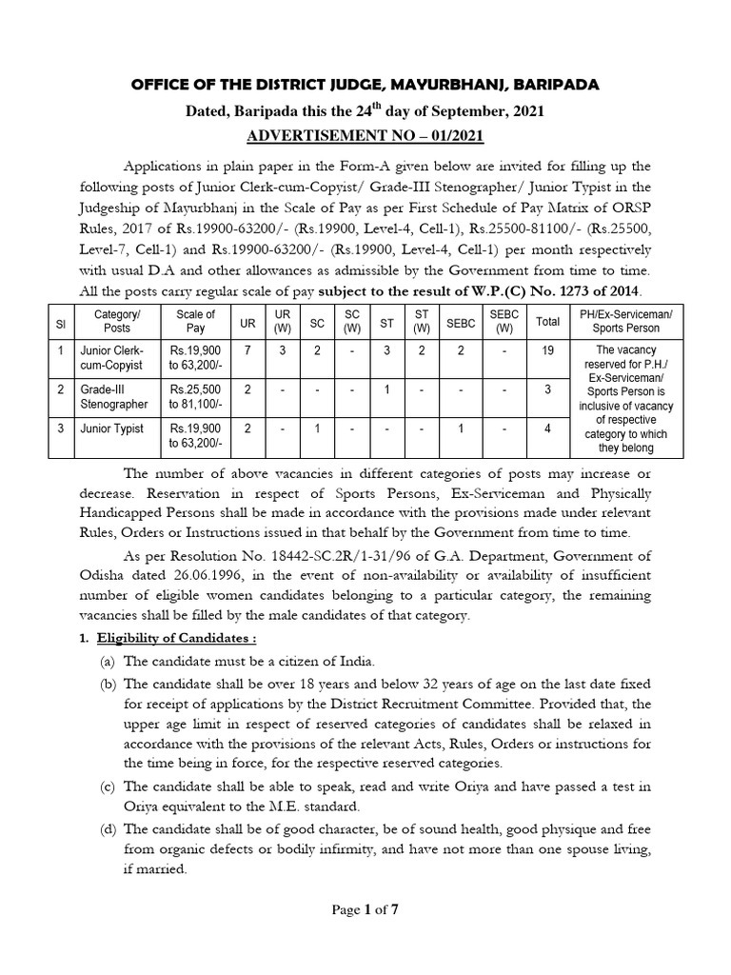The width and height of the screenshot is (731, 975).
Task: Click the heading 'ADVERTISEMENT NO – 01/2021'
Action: pos(365,135)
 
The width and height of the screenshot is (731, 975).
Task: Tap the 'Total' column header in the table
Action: pos(548,322)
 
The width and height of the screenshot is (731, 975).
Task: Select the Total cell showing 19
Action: pos(548,349)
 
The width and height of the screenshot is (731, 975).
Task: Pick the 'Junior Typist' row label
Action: pos(112,428)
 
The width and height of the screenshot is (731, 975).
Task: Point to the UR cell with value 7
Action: pos(247,349)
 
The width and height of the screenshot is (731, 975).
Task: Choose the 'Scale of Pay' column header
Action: pos(196,322)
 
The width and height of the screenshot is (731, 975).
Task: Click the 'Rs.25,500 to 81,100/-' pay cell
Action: pos(196,395)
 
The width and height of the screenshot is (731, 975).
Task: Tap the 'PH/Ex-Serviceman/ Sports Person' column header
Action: pos(632,322)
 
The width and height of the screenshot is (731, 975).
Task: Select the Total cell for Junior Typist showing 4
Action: pos(548,428)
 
